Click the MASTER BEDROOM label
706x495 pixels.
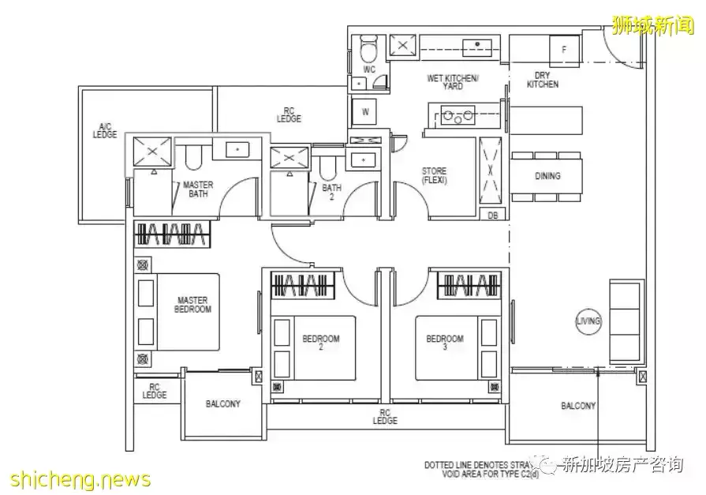point(192,305)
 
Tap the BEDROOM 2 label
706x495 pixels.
point(320,343)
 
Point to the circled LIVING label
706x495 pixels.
point(588,321)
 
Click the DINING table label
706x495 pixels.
point(547,176)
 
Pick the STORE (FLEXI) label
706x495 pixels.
point(434,175)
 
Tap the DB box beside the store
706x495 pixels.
point(493,215)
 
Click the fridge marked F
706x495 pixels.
point(563,50)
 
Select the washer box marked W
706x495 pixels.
point(365,112)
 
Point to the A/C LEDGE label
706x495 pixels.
point(104,131)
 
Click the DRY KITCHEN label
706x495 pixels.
point(542,80)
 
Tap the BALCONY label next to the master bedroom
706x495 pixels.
point(223,403)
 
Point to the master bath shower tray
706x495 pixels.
point(152,152)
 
